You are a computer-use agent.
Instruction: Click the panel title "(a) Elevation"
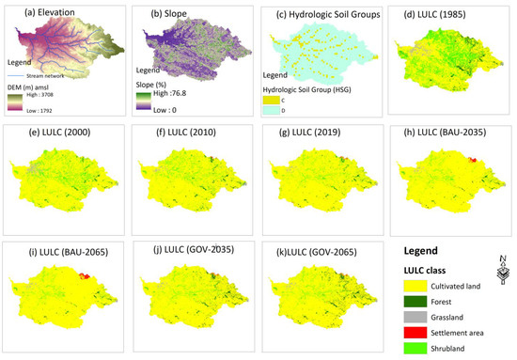[43, 12]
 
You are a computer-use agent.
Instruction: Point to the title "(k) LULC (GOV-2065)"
[315, 255]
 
